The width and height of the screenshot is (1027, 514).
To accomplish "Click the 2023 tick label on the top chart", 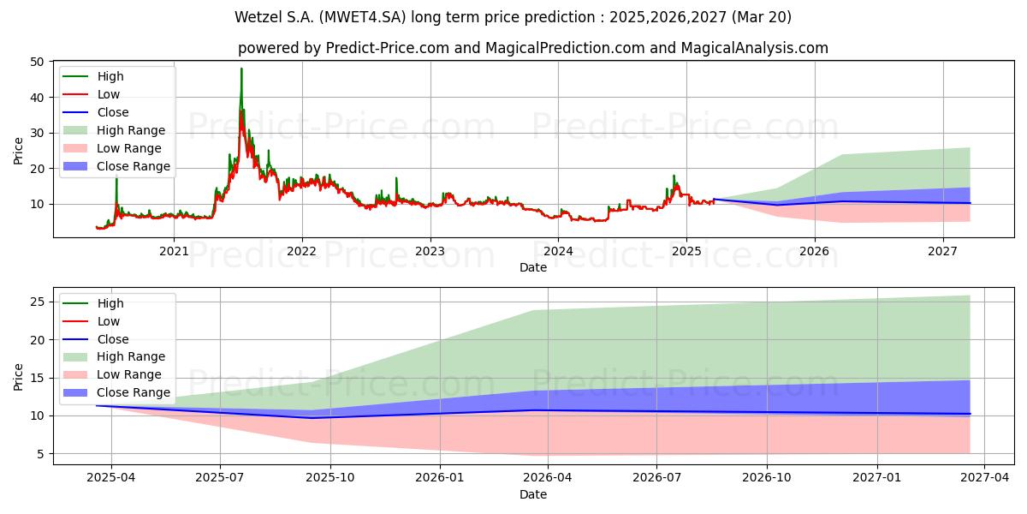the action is (x=430, y=251).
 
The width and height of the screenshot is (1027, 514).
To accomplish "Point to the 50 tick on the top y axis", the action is (x=37, y=62).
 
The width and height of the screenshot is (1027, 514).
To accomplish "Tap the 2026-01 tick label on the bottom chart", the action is (x=440, y=478).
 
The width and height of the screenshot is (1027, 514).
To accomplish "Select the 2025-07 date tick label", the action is (x=220, y=478).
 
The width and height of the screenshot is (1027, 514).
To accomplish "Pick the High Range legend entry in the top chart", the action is (x=114, y=130).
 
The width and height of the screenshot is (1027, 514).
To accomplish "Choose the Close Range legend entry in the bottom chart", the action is (x=116, y=393).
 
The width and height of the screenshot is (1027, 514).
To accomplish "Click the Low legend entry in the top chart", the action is (x=92, y=94).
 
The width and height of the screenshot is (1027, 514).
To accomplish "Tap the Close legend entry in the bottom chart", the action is (x=95, y=339).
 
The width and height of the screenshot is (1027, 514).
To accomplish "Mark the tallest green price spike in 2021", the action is (x=241, y=69).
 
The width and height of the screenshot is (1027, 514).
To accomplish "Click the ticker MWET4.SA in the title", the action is (x=363, y=17).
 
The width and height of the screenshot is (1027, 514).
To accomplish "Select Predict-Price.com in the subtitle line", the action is (x=388, y=48).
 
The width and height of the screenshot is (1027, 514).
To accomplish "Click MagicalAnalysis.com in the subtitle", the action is (x=755, y=48).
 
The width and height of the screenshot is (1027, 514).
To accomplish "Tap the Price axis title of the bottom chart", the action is (x=18, y=377).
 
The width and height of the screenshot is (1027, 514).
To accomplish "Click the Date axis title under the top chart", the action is (x=532, y=267).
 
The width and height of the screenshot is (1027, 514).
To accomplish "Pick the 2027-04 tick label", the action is (x=985, y=478).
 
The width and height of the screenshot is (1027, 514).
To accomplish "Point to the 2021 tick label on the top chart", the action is (x=174, y=251).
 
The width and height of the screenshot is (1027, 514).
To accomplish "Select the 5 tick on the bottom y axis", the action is (x=41, y=454).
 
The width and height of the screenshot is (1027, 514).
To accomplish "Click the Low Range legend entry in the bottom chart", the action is (x=112, y=375).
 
